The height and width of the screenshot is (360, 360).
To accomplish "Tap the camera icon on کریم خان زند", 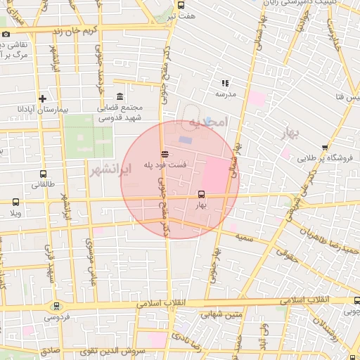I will pyautogui.click(x=6, y=34).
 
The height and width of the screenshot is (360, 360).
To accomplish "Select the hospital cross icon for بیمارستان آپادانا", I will pyautogui.click(x=43, y=98).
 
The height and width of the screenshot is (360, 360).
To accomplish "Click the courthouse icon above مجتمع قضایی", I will pyautogui.click(x=120, y=96).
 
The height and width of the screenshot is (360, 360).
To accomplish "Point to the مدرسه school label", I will pyautogui.click(x=225, y=93).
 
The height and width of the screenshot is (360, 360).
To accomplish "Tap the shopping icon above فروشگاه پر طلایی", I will pyautogui.click(x=324, y=148).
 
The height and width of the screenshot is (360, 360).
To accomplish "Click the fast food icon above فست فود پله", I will pyautogui.click(x=165, y=153).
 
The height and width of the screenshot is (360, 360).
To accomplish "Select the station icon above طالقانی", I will pyautogui.click(x=44, y=174).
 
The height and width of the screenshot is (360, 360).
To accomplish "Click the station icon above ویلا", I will pyautogui.click(x=15, y=202).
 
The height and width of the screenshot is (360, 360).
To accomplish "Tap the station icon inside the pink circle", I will pyautogui.click(x=202, y=194).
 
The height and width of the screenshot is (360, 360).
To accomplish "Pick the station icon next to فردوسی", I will pyautogui.click(x=56, y=306).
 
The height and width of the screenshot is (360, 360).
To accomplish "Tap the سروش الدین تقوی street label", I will pyautogui.click(x=117, y=349).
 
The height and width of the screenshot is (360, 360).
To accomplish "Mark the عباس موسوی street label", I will pyautogui.click(x=91, y=257).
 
